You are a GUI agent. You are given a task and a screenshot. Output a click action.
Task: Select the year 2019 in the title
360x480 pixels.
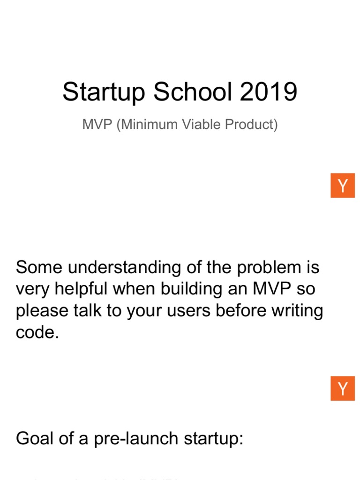point(269,91)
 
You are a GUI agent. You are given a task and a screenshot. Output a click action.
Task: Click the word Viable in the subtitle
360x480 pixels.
point(199,125)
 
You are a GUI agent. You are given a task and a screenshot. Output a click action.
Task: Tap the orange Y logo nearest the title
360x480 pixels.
point(343,186)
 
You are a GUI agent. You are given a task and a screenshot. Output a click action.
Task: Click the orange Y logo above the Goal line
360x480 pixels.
point(343,389)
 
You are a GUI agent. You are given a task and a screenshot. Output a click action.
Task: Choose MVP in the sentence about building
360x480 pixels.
point(272,289)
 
